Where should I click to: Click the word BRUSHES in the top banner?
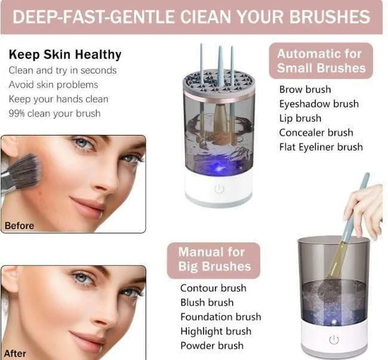(330, 17)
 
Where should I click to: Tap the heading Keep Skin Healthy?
(65, 55)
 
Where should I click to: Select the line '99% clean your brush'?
(55, 114)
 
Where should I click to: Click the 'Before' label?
(19, 226)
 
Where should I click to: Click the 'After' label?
(15, 354)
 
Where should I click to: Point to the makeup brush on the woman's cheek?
(21, 172)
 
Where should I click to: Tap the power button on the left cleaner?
(219, 189)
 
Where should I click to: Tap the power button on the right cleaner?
(334, 339)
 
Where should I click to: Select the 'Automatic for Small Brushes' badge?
(321, 61)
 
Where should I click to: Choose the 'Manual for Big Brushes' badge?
(213, 260)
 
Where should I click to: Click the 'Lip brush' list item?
(300, 118)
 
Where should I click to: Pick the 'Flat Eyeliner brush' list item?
(321, 147)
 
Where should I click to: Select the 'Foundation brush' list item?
(221, 317)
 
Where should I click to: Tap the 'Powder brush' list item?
(212, 346)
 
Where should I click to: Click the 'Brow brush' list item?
(305, 89)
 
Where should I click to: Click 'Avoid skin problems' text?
(54, 85)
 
